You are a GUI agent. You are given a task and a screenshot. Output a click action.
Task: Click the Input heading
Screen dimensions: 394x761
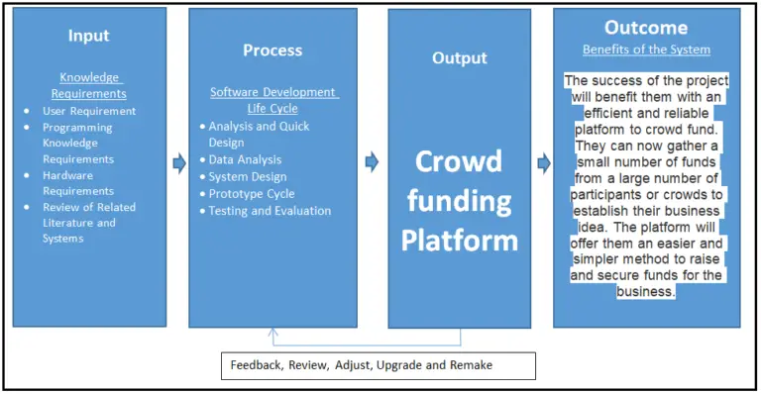(x=88, y=36)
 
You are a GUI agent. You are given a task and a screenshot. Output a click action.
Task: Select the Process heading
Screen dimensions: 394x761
(x=272, y=50)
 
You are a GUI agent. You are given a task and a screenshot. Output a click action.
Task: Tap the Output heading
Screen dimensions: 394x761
(x=459, y=58)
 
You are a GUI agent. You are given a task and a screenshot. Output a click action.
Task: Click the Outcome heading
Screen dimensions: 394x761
(x=646, y=27)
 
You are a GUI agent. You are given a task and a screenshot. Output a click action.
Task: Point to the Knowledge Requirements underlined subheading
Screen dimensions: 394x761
(x=89, y=85)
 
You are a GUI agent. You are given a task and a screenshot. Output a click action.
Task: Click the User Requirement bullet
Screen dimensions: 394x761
(x=89, y=111)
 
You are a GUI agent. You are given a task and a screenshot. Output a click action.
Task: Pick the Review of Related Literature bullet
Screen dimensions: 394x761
(x=89, y=223)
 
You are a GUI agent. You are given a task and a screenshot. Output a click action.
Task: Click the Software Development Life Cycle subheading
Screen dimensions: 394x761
(x=273, y=100)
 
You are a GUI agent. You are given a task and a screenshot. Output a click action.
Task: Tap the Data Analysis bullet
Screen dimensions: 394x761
(x=245, y=159)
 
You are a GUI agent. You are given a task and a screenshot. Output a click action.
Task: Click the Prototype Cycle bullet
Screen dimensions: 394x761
(x=252, y=194)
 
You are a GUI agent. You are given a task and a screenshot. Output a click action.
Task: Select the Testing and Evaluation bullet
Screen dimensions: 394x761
(x=270, y=211)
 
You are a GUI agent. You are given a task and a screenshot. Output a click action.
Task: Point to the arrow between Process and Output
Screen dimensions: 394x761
(x=372, y=161)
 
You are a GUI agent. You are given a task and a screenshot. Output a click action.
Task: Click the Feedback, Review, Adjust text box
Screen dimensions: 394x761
(x=378, y=365)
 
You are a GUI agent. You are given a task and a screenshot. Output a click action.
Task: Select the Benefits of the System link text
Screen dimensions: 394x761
(x=646, y=49)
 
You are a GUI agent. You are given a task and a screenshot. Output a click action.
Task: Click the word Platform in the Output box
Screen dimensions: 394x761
(x=458, y=240)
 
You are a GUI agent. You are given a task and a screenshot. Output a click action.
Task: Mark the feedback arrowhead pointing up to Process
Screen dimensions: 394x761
(x=273, y=334)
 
